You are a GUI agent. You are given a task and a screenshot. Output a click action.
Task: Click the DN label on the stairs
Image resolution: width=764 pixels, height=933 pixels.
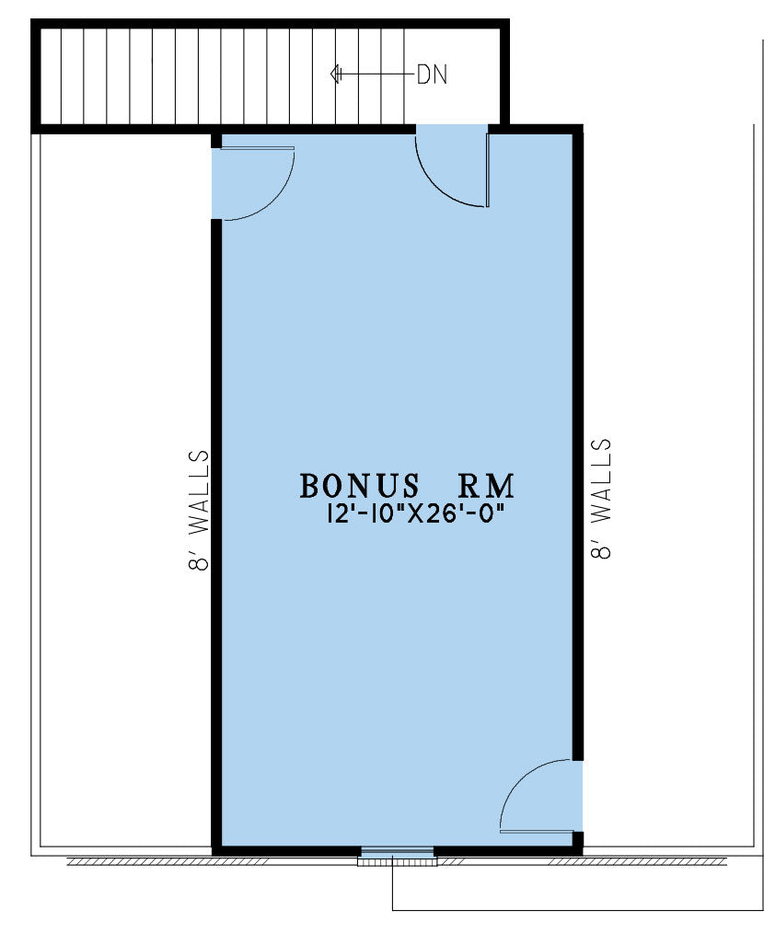coord(432,75)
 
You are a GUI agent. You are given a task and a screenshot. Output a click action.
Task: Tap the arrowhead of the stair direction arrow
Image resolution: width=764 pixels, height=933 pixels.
coord(335,75)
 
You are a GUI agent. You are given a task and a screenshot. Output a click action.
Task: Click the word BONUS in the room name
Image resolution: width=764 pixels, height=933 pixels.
coord(360,486)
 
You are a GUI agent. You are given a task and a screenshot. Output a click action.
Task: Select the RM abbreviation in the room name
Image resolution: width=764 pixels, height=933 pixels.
coord(485,486)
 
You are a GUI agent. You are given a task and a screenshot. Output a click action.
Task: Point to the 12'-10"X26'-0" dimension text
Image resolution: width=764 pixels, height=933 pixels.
coord(411,513)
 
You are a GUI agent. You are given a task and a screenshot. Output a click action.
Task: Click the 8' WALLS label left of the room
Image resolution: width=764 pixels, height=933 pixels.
coord(199,510)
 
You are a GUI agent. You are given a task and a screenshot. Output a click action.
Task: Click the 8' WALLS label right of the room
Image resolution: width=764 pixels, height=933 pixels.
coord(601,499)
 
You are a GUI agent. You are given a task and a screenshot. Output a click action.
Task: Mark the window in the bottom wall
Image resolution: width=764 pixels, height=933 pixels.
coord(397,857)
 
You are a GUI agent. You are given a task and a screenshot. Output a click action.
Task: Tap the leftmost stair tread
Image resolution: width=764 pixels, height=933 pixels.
coord(50,76)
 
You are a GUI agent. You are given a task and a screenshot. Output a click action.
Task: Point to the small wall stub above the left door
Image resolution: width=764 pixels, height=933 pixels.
coord(216,141)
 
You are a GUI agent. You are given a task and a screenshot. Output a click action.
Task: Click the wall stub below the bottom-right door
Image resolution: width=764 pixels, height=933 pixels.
coord(578,839)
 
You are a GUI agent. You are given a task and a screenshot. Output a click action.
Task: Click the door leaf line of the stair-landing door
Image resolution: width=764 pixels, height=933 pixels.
coord(487,170)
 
